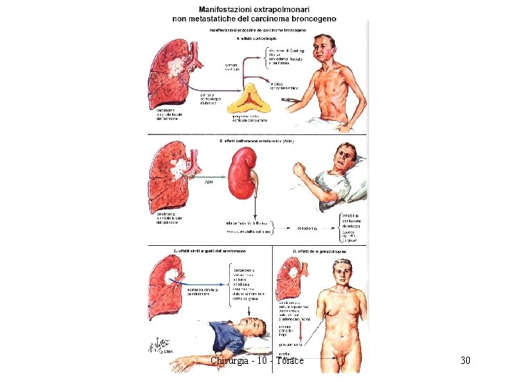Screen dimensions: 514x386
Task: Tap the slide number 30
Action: coord(465,360)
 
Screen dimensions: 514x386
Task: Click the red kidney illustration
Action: coord(241,173)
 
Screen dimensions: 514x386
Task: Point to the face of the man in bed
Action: coord(348,157)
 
